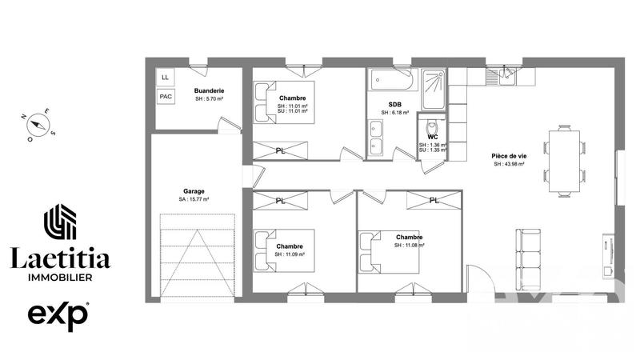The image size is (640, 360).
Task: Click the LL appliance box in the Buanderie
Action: pyautogui.click(x=166, y=78)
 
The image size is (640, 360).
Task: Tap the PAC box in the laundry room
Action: pyautogui.click(x=166, y=97)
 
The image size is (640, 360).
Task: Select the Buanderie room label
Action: pyautogui.click(x=209, y=91)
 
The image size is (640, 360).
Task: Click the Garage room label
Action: pyautogui.click(x=194, y=191)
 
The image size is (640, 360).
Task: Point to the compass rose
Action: pyautogui.click(x=36, y=125)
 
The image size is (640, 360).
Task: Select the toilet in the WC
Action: pyautogui.click(x=431, y=127)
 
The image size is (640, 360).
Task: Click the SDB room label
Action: pyautogui.click(x=395, y=105)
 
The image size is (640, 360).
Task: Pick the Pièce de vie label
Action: pyautogui.click(x=508, y=155)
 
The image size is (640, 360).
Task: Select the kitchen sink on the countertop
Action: pyautogui.click(x=506, y=75)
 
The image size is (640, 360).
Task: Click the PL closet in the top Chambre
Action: pyautogui.click(x=280, y=150)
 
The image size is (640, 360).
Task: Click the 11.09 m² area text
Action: pyautogui.click(x=290, y=254)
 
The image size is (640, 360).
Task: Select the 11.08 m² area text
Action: pyautogui.click(x=409, y=246)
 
